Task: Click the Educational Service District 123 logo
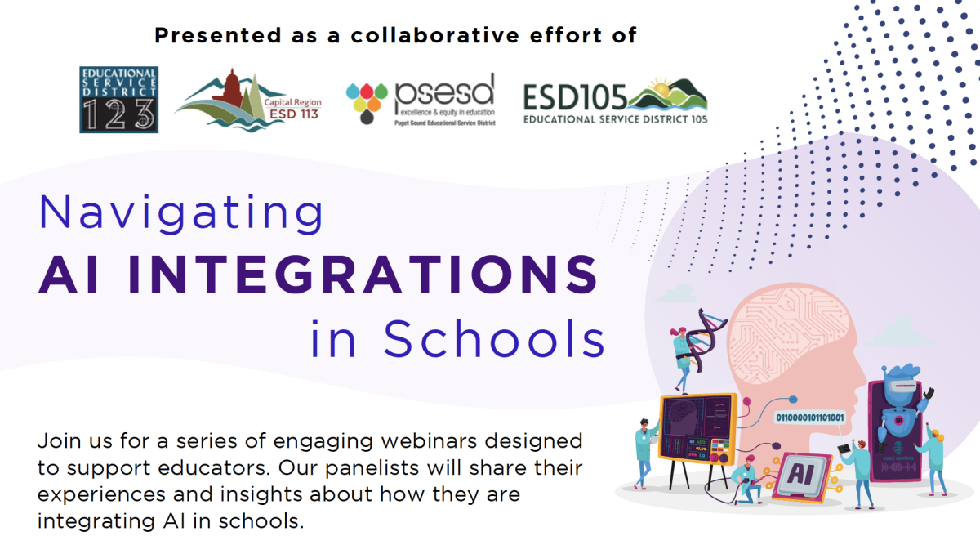point(118,100)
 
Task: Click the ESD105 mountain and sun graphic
point(667,96)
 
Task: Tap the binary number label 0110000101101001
point(809,418)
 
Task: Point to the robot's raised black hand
point(926,395)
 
